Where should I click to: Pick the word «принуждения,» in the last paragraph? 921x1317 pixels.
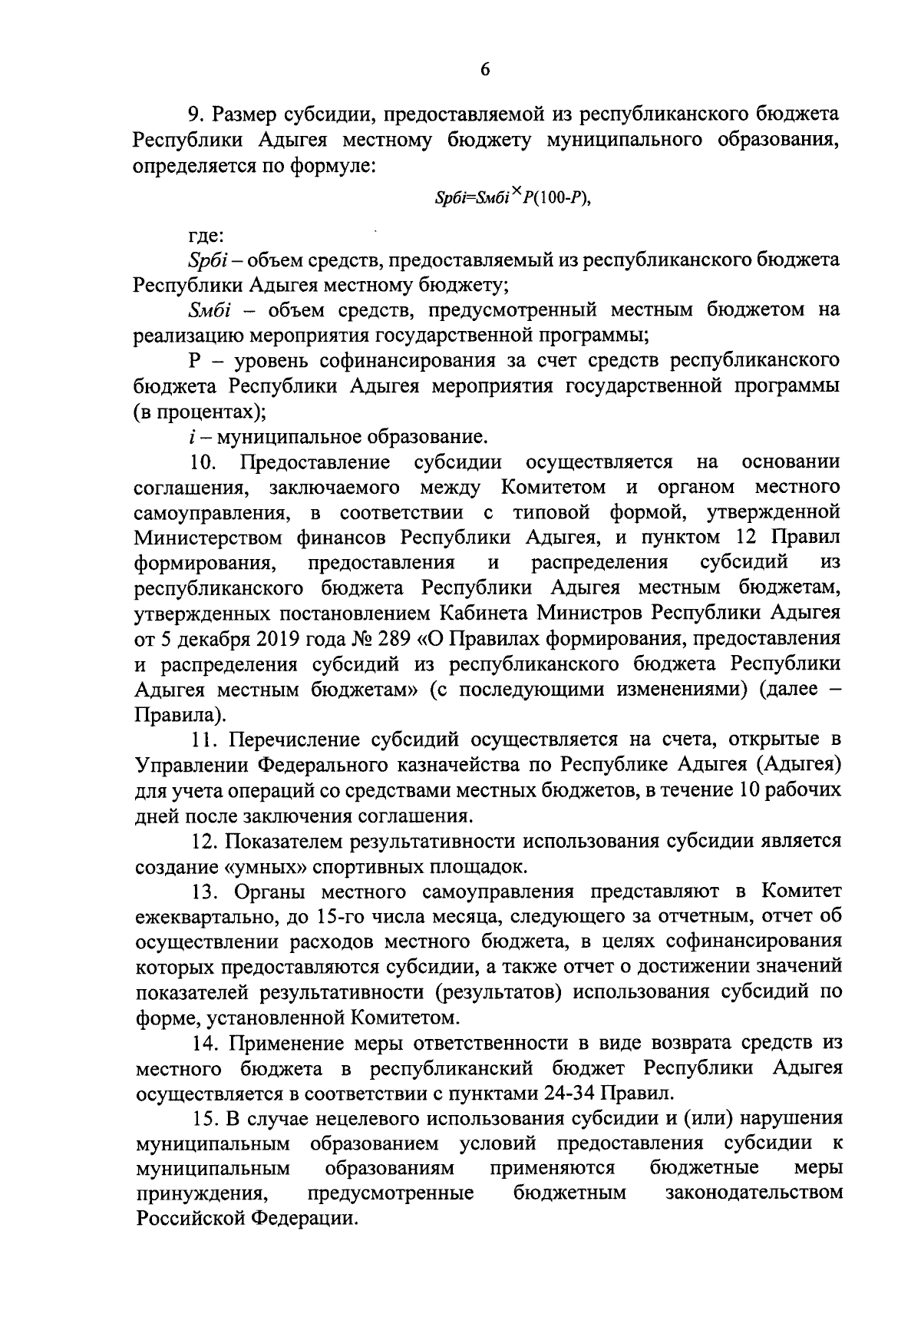click(x=202, y=1193)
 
